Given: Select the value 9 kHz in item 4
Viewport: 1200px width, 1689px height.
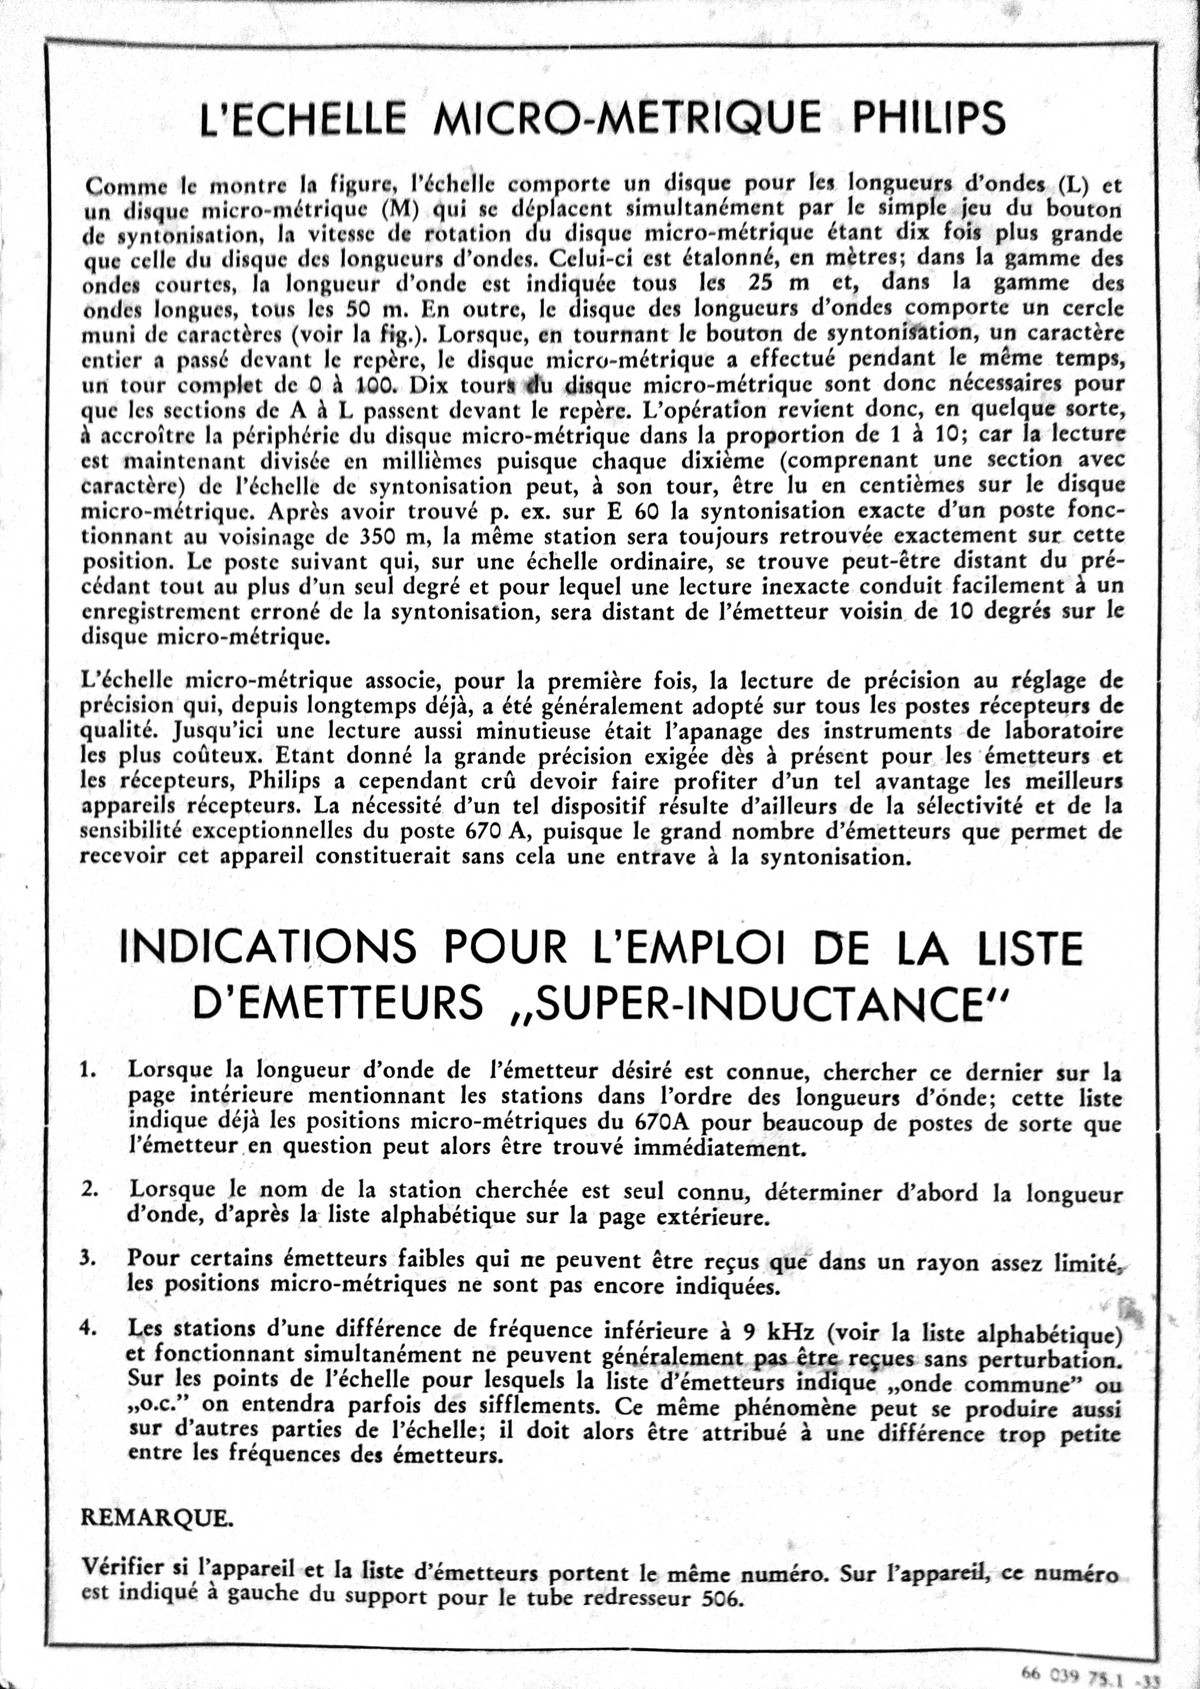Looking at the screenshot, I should [x=776, y=1331].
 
